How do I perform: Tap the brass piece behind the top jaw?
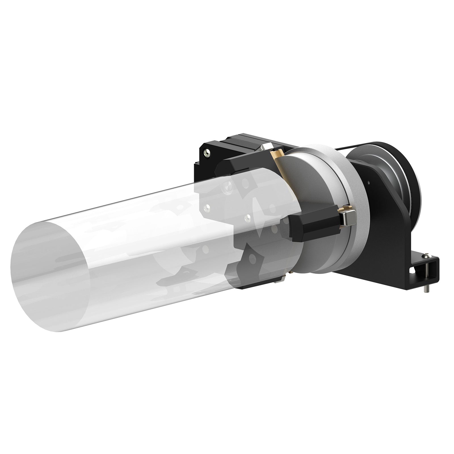pyautogui.click(x=278, y=155)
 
